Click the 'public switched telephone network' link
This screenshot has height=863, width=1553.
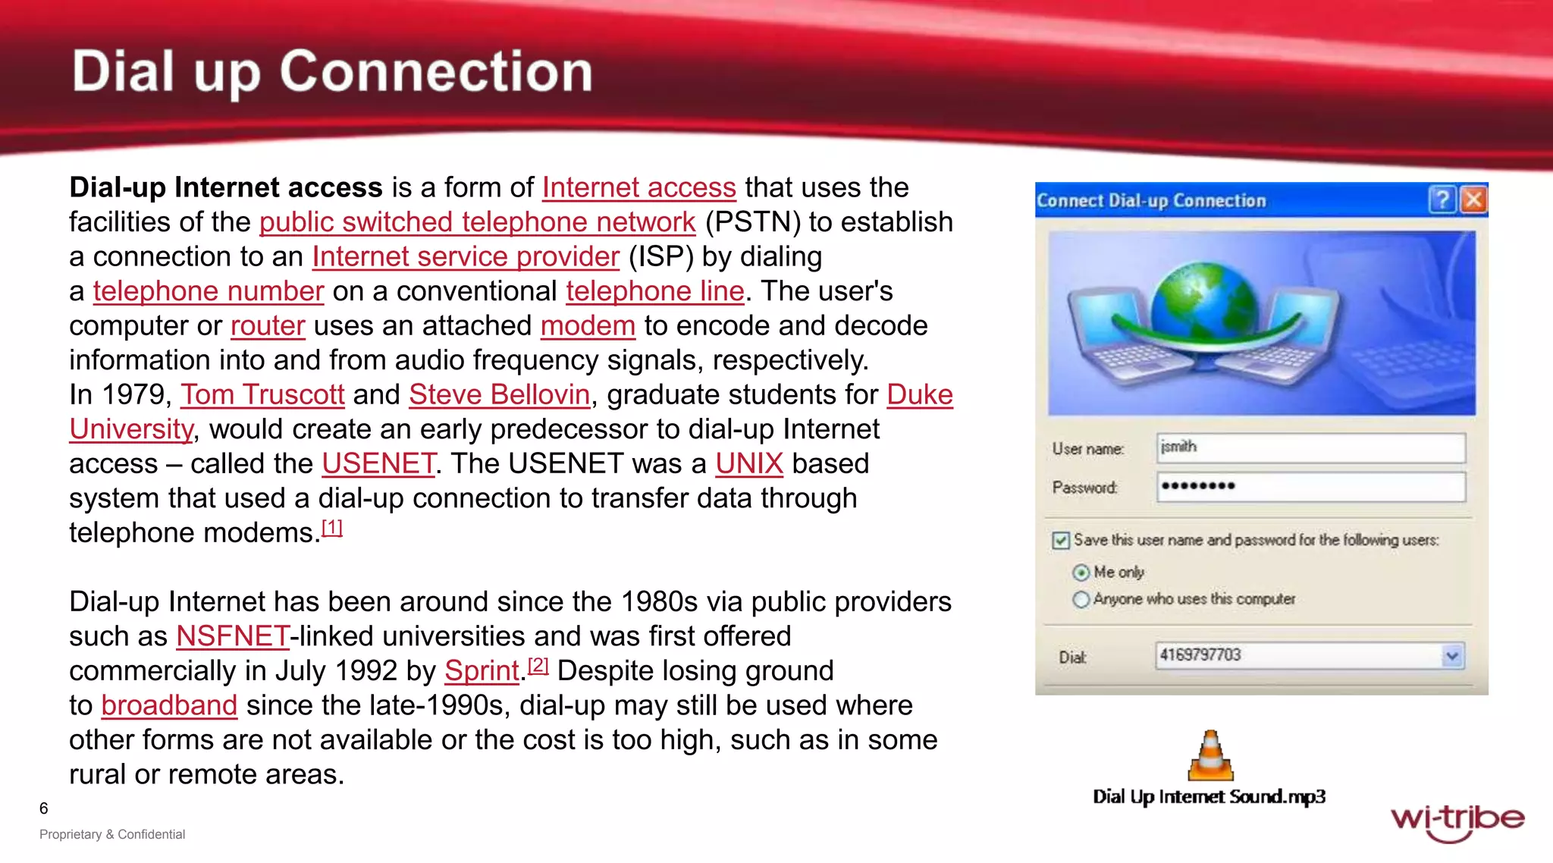(477, 222)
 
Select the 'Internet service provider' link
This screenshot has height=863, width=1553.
(466, 257)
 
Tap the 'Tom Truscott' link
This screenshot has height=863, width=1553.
(262, 395)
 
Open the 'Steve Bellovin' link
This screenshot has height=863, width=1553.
(499, 395)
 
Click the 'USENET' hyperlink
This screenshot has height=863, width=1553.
(378, 464)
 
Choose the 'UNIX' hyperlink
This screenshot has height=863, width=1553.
(748, 464)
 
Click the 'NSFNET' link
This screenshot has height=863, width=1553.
(232, 636)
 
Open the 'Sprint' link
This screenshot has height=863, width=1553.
(482, 671)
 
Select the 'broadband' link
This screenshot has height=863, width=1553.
(169, 705)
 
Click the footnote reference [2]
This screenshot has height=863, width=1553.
(538, 665)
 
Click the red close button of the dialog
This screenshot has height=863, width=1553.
(1473, 200)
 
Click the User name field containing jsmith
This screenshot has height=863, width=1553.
(1310, 447)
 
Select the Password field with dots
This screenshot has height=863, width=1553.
(1310, 487)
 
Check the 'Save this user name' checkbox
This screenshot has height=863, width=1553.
(1061, 541)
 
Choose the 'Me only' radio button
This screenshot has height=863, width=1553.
(1081, 573)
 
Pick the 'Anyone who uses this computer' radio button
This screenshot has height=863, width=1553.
(1081, 600)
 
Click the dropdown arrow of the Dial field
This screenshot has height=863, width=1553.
(1451, 656)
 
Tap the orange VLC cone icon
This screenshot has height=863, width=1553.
(1210, 756)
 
